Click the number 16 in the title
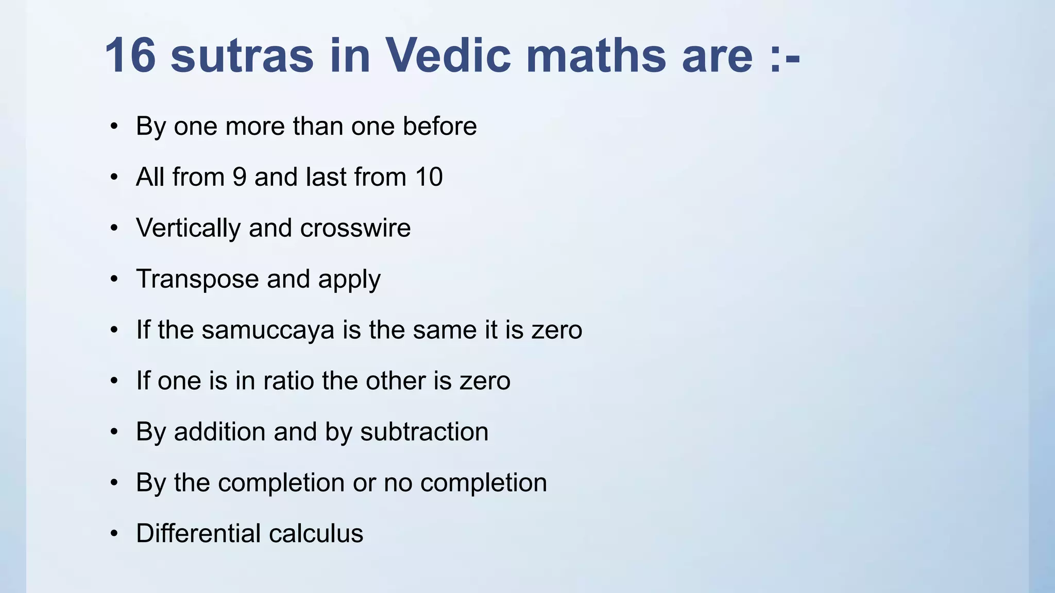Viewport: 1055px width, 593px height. pyautogui.click(x=130, y=56)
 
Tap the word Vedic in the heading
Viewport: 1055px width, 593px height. pyautogui.click(x=448, y=56)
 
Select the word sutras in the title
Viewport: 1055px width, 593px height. pyautogui.click(x=242, y=56)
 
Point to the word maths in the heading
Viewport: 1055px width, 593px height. pyautogui.click(x=596, y=56)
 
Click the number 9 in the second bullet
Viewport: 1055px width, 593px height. pyautogui.click(x=240, y=177)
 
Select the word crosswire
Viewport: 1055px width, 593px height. pyautogui.click(x=355, y=228)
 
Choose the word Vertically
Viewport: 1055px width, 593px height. pyautogui.click(x=188, y=228)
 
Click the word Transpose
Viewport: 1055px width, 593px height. pyautogui.click(x=197, y=280)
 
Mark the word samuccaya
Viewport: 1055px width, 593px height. pyautogui.click(x=268, y=330)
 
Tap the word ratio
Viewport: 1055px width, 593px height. pyautogui.click(x=288, y=381)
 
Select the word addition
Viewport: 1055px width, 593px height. pyautogui.click(x=219, y=431)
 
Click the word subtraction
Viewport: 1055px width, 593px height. pyautogui.click(x=424, y=431)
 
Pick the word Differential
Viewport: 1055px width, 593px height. pyautogui.click(x=198, y=533)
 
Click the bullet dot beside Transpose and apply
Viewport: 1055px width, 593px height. pyautogui.click(x=114, y=279)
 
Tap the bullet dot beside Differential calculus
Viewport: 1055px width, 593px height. pyautogui.click(x=114, y=533)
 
